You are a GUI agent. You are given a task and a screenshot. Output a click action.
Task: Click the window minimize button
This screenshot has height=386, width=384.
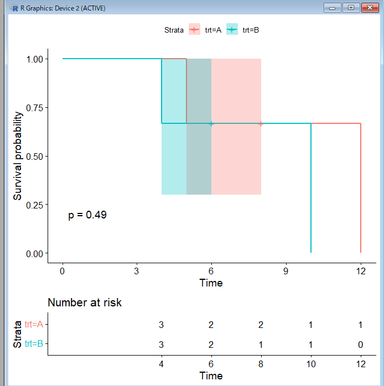tap(334, 8)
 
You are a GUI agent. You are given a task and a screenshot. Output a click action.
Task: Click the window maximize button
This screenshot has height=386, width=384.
tap(350, 8)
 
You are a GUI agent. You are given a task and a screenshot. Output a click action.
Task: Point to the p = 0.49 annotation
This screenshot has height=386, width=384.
tap(87, 215)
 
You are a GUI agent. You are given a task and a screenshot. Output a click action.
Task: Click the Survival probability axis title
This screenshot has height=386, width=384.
tap(18, 156)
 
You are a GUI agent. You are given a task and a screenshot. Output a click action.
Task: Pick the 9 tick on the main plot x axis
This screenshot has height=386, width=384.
tap(286, 271)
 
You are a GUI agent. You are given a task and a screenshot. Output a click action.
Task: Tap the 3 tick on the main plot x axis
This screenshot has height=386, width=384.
tap(137, 271)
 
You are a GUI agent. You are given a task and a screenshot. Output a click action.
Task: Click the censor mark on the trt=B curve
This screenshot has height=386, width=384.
tap(211, 124)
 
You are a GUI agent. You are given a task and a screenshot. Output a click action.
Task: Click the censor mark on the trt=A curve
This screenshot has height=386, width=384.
tap(261, 124)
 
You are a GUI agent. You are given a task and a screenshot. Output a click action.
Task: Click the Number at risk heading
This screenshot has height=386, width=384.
tap(85, 302)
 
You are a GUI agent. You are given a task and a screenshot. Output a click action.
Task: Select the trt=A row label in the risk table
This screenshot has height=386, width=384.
tap(34, 325)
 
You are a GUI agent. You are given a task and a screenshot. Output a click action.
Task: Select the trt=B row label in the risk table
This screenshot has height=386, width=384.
tap(34, 344)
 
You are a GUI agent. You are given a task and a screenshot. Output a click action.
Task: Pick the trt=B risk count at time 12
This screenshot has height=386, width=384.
tap(360, 345)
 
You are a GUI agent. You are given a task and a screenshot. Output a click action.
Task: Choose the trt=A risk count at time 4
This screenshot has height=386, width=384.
tap(161, 325)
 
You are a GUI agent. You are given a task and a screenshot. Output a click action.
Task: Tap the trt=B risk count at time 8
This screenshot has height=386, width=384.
tap(261, 345)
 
